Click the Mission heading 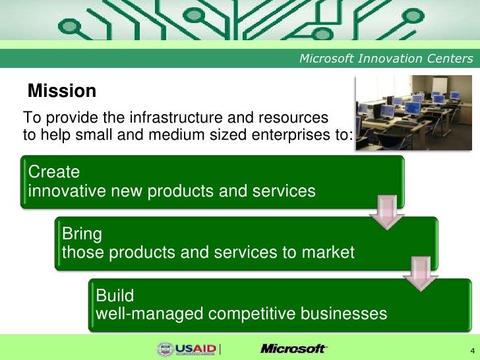pyautogui.click(x=62, y=91)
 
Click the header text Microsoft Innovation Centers pyautogui.click(x=386, y=59)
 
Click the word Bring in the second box pyautogui.click(x=82, y=233)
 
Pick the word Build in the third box pyautogui.click(x=115, y=294)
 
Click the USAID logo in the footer pyautogui.click(x=188, y=349)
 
